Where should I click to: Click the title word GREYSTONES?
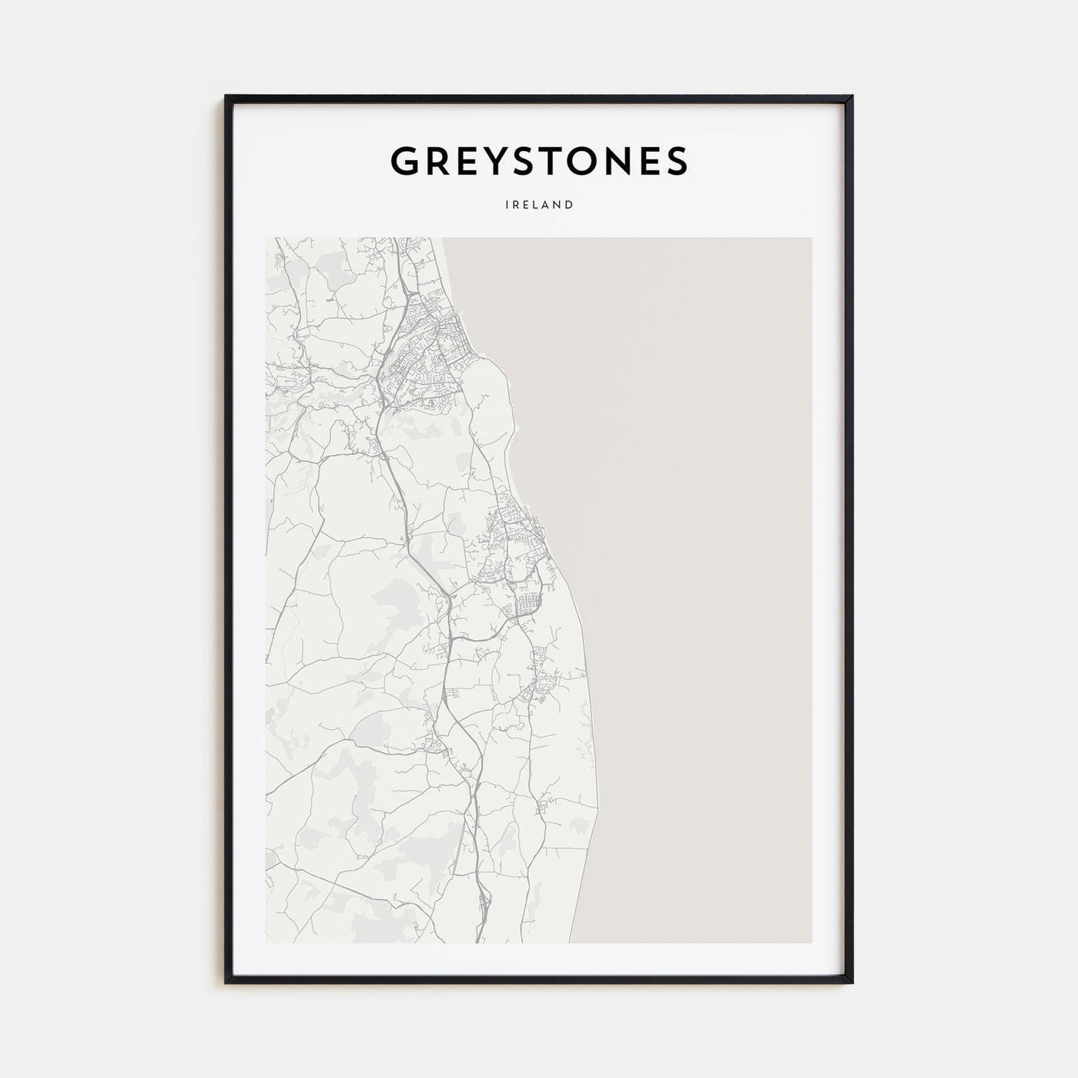click(x=539, y=161)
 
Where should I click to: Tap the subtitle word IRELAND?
click(x=539, y=206)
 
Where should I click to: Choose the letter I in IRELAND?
click(x=507, y=206)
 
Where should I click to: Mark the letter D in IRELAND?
click(x=570, y=206)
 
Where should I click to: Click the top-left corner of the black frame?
click(x=226, y=96)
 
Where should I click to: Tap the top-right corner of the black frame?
click(x=852, y=96)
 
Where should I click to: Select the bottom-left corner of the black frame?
click(x=226, y=983)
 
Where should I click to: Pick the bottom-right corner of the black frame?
click(x=852, y=983)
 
